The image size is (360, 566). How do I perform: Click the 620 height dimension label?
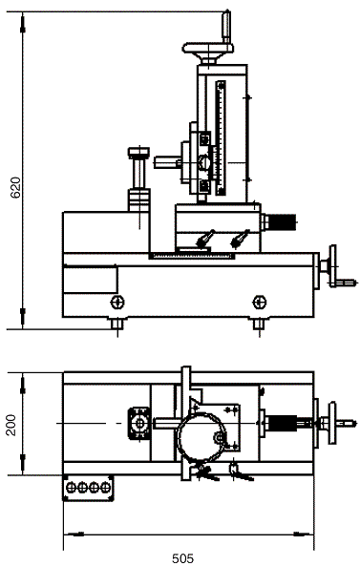pos(15,187)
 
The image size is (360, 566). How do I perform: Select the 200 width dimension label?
pos(11,425)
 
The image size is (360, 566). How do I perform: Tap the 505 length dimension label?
pos(182,558)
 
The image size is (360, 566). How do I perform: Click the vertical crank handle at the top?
pos(226,27)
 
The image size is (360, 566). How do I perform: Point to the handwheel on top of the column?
pos(207,51)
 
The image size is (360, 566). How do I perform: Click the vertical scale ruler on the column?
pos(221,138)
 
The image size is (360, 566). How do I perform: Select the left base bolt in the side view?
pos(117,303)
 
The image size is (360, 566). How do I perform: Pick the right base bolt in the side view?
pos(260,303)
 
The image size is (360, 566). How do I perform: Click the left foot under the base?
pos(117,324)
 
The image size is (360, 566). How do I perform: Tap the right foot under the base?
pos(259,324)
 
